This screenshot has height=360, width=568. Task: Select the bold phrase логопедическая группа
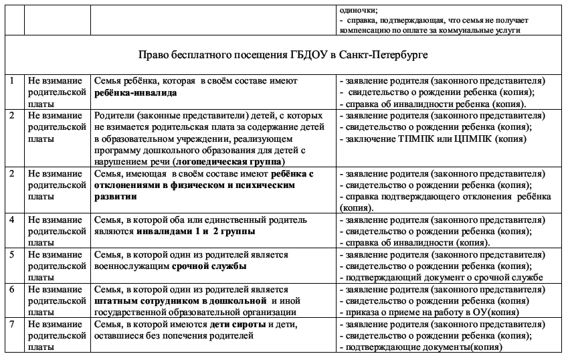click(x=228, y=162)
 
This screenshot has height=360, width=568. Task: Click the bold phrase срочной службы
click(x=209, y=266)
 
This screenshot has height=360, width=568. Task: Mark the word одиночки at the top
click(x=357, y=9)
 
